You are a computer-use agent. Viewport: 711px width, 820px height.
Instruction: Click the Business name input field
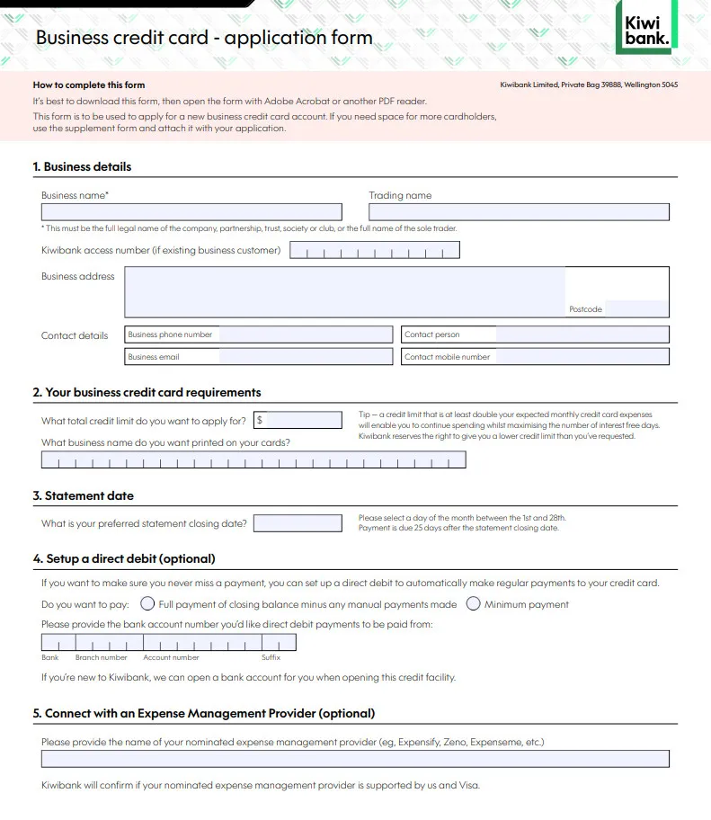[x=191, y=212]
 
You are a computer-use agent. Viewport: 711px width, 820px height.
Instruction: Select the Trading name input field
[x=519, y=212]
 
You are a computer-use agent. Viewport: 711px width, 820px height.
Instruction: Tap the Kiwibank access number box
[x=374, y=250]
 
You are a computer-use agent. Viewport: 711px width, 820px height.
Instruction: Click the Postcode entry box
[x=636, y=308]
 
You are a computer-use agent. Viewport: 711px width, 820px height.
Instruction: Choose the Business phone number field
[x=305, y=334]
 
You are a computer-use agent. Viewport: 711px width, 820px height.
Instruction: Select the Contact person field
[x=582, y=334]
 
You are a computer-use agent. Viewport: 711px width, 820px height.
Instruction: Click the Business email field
[x=305, y=357]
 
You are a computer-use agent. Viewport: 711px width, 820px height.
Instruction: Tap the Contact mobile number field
[x=582, y=357]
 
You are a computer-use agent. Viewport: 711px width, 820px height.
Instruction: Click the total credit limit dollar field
[x=304, y=420]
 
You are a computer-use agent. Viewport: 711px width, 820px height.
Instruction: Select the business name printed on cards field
[x=253, y=460]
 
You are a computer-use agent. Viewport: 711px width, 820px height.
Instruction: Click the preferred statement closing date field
[x=298, y=523]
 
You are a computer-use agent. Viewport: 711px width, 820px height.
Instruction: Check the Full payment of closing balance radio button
[x=147, y=604]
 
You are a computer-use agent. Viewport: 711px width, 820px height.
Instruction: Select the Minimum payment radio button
[x=473, y=604]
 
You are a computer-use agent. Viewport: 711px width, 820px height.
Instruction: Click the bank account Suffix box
[x=278, y=643]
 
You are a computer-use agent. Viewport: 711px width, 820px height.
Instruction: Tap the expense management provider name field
[x=355, y=759]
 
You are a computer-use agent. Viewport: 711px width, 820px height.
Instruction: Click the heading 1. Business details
[x=82, y=166]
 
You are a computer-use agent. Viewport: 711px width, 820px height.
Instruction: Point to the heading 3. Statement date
[x=84, y=495]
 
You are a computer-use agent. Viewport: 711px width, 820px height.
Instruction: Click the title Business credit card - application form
[x=203, y=38]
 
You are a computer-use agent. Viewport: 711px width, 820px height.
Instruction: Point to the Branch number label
[x=102, y=658]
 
